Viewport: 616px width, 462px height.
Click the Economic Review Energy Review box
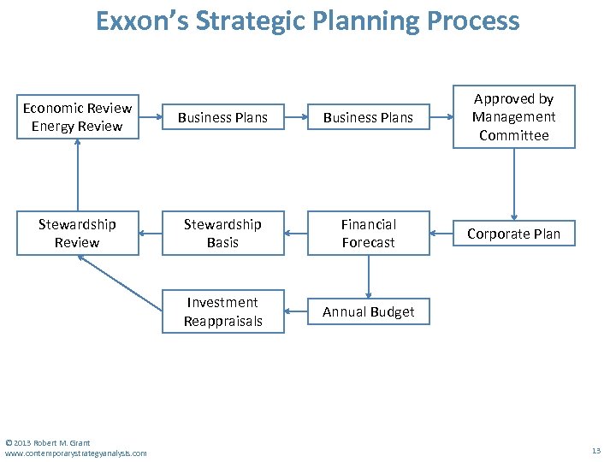[77, 117]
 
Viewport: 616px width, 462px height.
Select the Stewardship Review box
[77, 234]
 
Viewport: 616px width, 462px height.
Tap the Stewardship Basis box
[222, 234]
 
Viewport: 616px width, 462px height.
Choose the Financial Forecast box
[368, 234]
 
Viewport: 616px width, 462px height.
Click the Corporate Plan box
[513, 234]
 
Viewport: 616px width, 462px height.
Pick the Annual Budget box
[368, 312]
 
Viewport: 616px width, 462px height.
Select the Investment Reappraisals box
[222, 312]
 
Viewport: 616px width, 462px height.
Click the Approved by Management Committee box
[513, 117]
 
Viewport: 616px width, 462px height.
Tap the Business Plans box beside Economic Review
[222, 117]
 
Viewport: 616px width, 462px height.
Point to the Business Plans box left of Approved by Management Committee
[368, 117]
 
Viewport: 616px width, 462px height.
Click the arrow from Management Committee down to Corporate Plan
[514, 184]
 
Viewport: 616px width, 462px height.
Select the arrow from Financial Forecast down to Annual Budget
[369, 277]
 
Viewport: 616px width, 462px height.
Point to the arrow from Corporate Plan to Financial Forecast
[441, 234]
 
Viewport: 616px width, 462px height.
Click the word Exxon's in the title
[141, 21]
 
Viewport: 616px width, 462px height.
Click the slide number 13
[596, 450]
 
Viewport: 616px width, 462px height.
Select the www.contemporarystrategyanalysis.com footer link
[75, 453]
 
